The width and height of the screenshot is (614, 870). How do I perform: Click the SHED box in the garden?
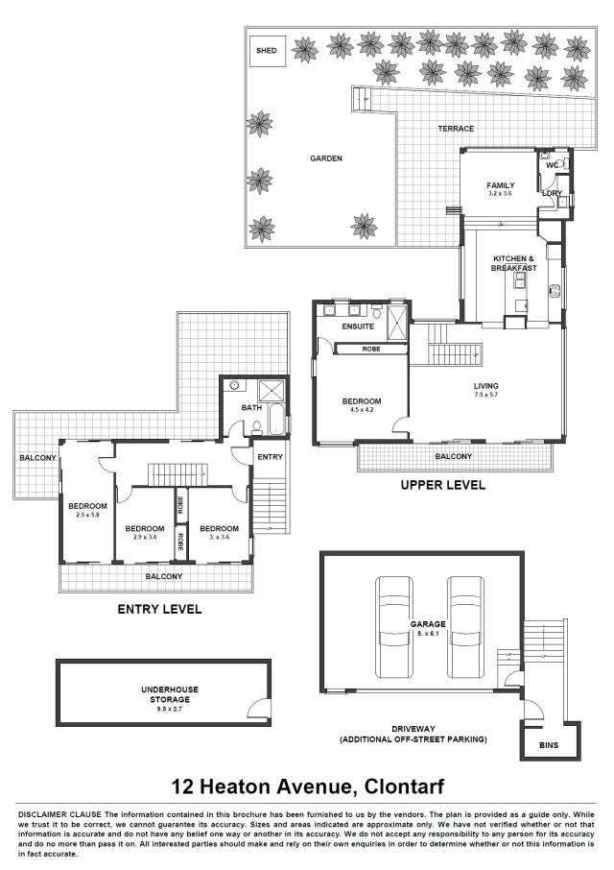tap(267, 51)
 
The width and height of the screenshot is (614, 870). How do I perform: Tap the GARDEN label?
tap(326, 158)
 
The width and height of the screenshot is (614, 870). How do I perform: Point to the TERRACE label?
tap(456, 128)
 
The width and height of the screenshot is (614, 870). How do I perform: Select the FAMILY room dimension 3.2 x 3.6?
tap(501, 194)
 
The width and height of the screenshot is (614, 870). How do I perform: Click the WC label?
tap(552, 165)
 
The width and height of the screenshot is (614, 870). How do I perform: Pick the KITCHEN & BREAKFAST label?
tap(513, 263)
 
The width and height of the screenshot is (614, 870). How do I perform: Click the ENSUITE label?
tap(358, 326)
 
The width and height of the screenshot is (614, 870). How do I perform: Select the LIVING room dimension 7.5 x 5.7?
tap(486, 395)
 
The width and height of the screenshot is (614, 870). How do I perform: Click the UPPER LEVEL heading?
tap(443, 485)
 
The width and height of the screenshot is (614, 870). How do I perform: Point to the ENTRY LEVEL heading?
tap(159, 609)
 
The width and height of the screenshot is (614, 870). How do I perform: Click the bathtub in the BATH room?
tap(276, 420)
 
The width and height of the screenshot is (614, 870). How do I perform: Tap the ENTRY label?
tap(270, 457)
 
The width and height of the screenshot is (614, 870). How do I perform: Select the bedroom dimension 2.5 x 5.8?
tap(87, 515)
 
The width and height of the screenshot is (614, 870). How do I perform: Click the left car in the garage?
tap(394, 627)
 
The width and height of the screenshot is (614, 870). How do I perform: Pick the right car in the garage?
tap(466, 627)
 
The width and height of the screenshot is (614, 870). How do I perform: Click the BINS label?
tap(549, 745)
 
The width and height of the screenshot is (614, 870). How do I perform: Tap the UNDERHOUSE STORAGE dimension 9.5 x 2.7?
tap(170, 709)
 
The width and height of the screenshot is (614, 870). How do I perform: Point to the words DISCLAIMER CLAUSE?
tap(59, 815)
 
